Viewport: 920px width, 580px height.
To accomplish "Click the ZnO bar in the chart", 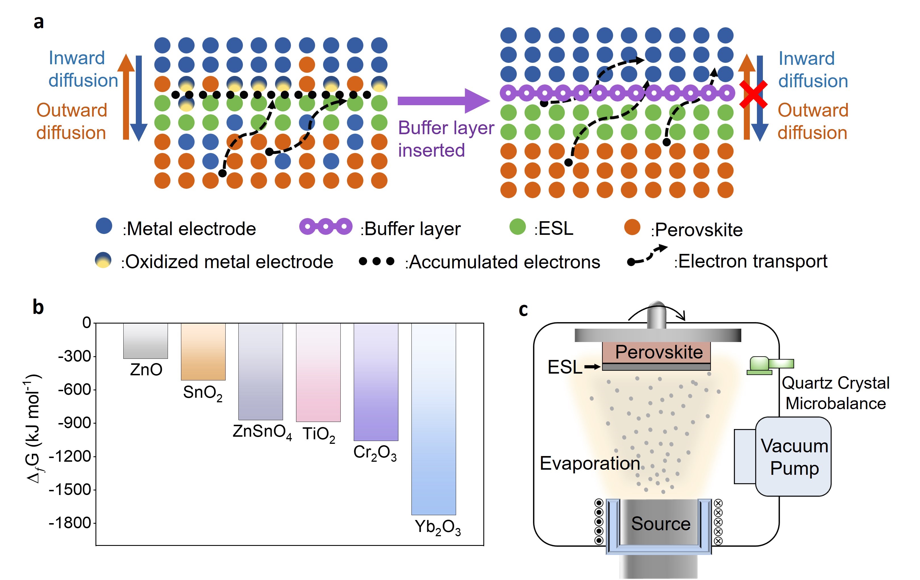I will click(145, 341).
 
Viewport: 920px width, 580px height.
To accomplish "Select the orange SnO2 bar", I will click(203, 352).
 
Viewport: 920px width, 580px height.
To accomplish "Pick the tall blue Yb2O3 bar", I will click(433, 419).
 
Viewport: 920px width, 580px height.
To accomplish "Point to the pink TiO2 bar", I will click(318, 372).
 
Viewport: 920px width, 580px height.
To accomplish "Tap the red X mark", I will click(753, 94).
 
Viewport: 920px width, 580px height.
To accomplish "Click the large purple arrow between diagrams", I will click(443, 101).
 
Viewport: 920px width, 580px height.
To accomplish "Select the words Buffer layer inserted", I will click(446, 139).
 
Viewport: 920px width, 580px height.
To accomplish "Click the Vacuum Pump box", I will click(793, 457).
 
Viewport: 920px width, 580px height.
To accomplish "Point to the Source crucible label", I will click(661, 523).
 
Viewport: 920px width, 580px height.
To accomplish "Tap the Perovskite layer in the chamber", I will click(656, 352).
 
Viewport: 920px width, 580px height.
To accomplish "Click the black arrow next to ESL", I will click(592, 367).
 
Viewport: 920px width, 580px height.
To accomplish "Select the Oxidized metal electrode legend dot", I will click(103, 260).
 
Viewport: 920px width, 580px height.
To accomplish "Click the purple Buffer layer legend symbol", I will click(326, 226).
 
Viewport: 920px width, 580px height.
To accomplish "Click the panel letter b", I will click(38, 307).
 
